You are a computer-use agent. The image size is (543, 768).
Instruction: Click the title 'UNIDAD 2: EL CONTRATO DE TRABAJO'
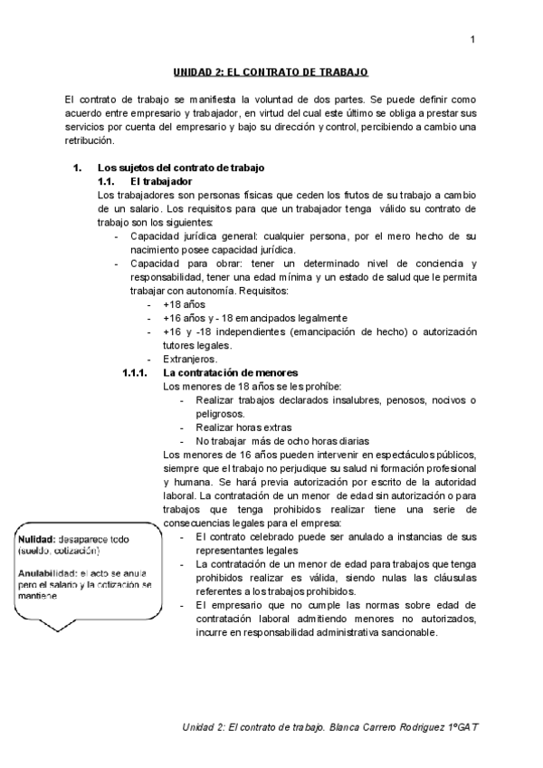tap(271, 72)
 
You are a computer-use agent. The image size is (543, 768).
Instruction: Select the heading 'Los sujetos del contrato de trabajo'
tap(180, 168)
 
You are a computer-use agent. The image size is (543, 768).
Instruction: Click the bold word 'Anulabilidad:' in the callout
tap(47, 573)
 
